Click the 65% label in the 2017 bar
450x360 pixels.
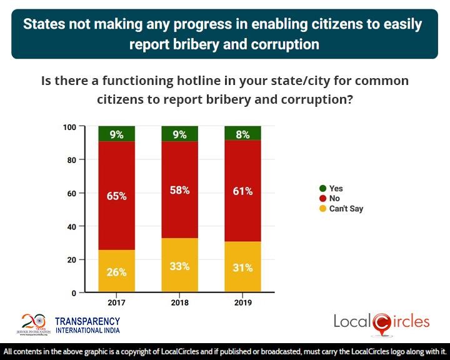point(116,196)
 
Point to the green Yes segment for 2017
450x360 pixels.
point(116,133)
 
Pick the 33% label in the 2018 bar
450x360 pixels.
point(180,266)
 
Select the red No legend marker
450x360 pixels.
point(322,198)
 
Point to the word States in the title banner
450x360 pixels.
point(47,25)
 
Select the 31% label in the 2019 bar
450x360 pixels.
point(242,267)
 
